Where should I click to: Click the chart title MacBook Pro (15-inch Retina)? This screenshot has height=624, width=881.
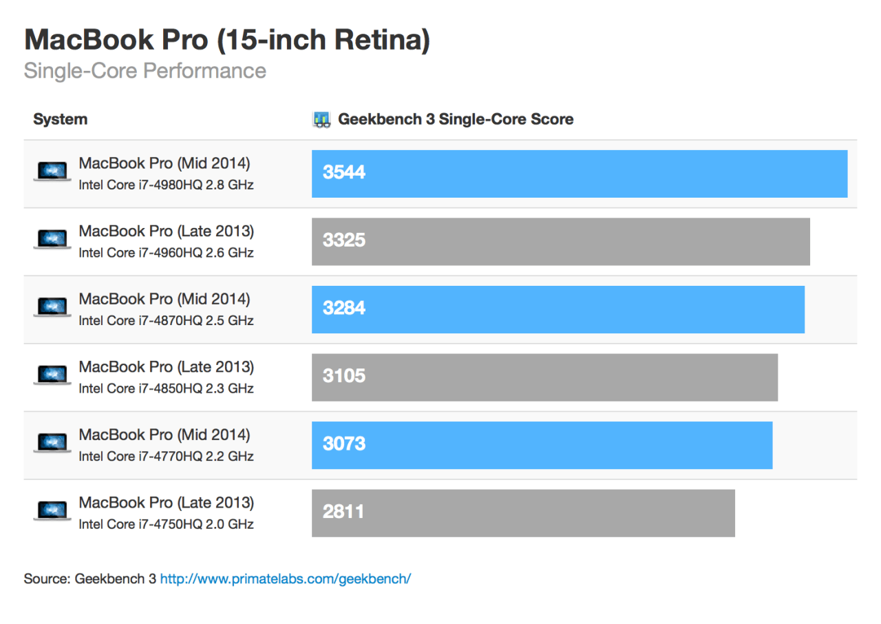pyautogui.click(x=227, y=40)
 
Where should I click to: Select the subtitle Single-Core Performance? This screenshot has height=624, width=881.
pyautogui.click(x=145, y=71)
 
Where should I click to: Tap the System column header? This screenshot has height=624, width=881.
pyautogui.click(x=60, y=119)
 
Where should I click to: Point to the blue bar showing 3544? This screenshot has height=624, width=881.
pyautogui.click(x=579, y=174)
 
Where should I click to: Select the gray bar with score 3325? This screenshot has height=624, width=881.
pyautogui.click(x=560, y=241)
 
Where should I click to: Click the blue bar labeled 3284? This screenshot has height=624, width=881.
pyautogui.click(x=558, y=309)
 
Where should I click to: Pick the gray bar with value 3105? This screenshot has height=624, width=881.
pyautogui.click(x=544, y=377)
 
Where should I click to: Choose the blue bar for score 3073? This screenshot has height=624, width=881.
pyautogui.click(x=542, y=445)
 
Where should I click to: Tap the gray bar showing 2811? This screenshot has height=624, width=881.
pyautogui.click(x=523, y=512)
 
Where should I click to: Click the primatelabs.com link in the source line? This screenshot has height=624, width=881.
pyautogui.click(x=285, y=579)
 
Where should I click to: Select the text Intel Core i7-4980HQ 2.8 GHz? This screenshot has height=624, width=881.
pyautogui.click(x=166, y=185)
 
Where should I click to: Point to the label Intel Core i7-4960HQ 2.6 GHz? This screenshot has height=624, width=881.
pyautogui.click(x=166, y=253)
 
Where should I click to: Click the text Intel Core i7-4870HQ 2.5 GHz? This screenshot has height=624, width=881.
pyautogui.click(x=166, y=320)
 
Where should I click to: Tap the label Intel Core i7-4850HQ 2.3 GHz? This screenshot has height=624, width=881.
pyautogui.click(x=166, y=388)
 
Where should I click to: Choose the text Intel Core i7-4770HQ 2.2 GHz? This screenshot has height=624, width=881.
pyautogui.click(x=166, y=456)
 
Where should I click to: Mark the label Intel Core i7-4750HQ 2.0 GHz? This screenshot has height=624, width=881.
pyautogui.click(x=166, y=524)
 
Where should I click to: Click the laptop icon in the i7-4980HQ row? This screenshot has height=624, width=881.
pyautogui.click(x=52, y=171)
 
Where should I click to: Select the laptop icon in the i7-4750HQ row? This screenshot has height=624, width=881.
pyautogui.click(x=52, y=511)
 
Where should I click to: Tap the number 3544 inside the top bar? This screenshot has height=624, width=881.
pyautogui.click(x=344, y=173)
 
